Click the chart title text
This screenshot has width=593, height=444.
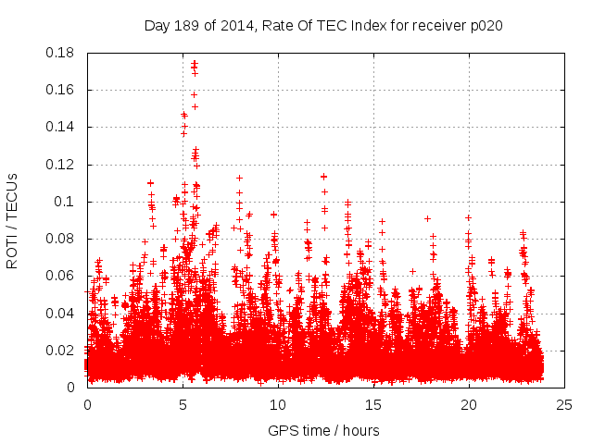click(x=323, y=25)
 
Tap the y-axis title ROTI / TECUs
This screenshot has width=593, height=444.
click(x=13, y=220)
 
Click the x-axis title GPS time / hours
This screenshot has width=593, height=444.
click(x=323, y=430)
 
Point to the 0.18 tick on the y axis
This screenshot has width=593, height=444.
click(x=61, y=53)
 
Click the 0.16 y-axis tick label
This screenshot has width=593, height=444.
click(x=61, y=90)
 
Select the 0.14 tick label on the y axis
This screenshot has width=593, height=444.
click(x=61, y=127)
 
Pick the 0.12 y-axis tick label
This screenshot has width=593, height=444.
click(x=61, y=165)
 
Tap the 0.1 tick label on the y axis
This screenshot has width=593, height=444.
click(x=66, y=202)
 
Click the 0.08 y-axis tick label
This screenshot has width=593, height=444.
click(x=61, y=239)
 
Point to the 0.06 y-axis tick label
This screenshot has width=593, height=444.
click(x=61, y=276)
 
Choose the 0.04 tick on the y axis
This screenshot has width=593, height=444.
click(x=61, y=313)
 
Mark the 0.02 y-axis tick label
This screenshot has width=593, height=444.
click(x=61, y=351)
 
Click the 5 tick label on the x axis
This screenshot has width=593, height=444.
click(x=183, y=405)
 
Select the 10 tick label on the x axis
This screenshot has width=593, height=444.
click(x=278, y=405)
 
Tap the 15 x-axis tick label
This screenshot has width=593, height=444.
click(x=373, y=405)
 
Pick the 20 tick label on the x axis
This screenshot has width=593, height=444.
click(x=469, y=405)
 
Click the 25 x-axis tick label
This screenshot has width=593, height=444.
click(x=564, y=405)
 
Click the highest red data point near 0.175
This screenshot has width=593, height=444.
click(x=194, y=63)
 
